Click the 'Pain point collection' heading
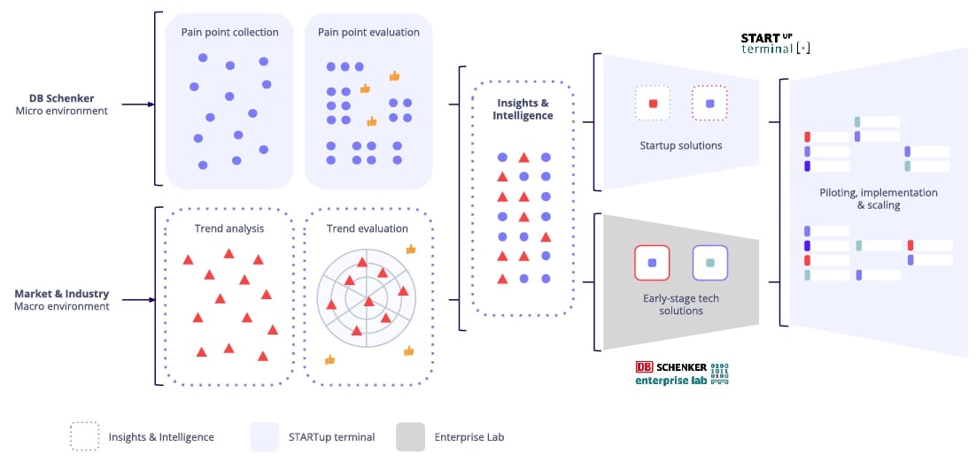[x=229, y=33]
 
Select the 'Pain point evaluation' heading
[x=368, y=33]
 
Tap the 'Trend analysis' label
[x=229, y=228]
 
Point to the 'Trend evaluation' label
[x=368, y=228]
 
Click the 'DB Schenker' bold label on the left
[x=61, y=98]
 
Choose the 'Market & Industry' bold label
[x=62, y=294]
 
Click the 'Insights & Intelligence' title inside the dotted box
[x=523, y=109]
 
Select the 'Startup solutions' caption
[x=680, y=145]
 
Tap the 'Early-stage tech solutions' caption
[x=680, y=304]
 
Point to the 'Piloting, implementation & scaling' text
[x=879, y=198]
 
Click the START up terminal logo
[x=775, y=43]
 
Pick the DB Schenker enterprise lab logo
[x=681, y=373]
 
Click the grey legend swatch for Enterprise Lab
[x=410, y=436]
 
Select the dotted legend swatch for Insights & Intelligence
[x=85, y=436]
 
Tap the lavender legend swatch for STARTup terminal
[x=264, y=436]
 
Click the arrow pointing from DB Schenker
[x=137, y=104]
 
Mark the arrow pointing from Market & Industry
[x=137, y=300]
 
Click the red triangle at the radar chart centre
[x=368, y=302]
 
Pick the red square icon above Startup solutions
[x=653, y=104]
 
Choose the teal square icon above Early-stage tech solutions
[x=709, y=263]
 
